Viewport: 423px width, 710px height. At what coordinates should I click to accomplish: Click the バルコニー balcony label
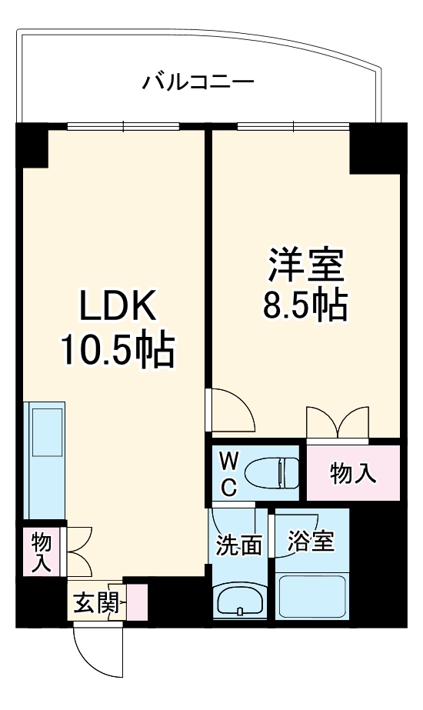(x=198, y=81)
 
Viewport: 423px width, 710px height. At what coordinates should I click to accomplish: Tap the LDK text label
(x=119, y=308)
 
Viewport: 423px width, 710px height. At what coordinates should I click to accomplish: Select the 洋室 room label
(x=305, y=266)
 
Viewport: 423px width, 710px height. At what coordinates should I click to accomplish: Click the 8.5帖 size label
(x=305, y=307)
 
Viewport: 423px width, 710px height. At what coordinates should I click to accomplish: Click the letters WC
(x=228, y=473)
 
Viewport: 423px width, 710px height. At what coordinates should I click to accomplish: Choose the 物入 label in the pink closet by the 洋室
(x=353, y=473)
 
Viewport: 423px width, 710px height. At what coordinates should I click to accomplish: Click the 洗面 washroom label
(x=238, y=545)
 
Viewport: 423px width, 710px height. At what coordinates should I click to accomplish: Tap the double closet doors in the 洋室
(x=338, y=421)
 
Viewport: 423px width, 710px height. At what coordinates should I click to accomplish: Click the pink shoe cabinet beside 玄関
(x=137, y=603)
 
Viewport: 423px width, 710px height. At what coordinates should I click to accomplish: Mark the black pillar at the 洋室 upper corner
(x=374, y=150)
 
